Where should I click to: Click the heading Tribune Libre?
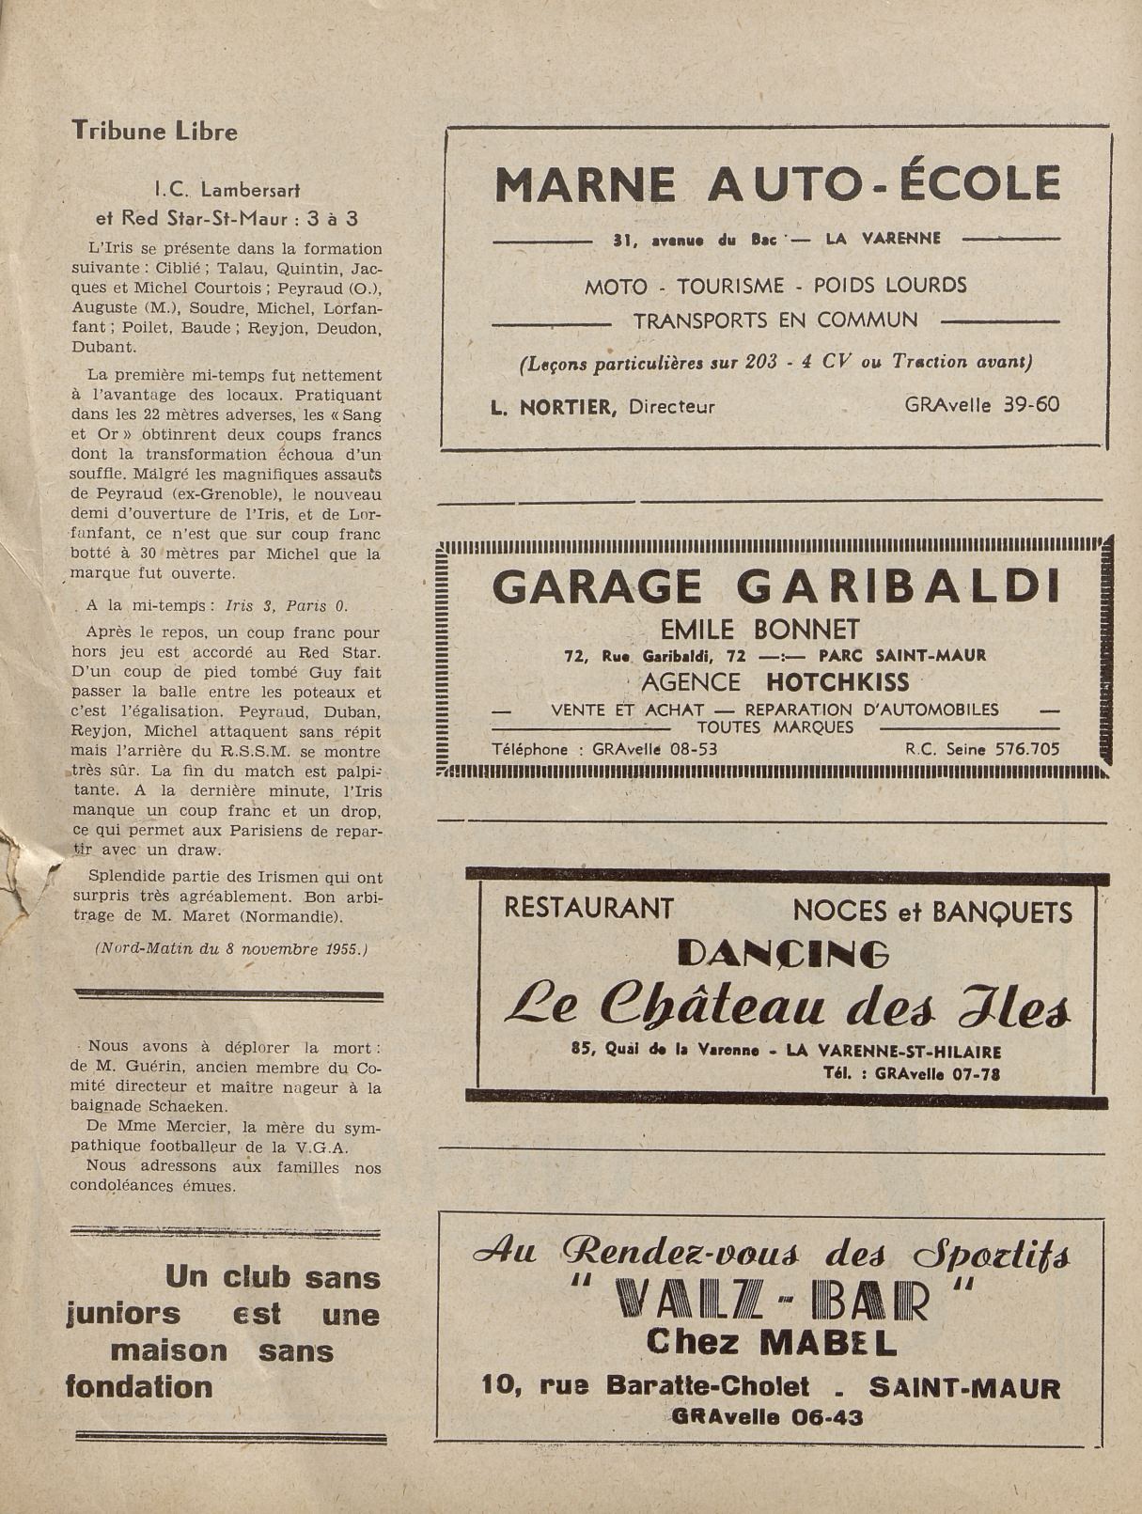pos(155,131)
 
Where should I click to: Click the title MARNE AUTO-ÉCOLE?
pos(776,184)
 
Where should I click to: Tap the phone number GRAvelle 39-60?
pos(982,405)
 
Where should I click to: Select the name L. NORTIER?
pos(554,407)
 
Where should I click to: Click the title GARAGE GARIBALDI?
pos(775,587)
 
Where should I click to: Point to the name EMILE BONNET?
pos(759,629)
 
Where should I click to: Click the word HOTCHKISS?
pos(837,681)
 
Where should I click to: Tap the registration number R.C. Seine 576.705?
pos(982,749)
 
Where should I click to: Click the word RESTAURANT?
pos(588,908)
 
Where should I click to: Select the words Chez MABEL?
pos(771,1343)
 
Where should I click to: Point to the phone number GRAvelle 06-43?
pos(768,1417)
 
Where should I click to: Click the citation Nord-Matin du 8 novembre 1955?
pos(231,948)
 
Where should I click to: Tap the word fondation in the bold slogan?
pos(139,1386)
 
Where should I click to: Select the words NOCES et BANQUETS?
pos(932,911)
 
